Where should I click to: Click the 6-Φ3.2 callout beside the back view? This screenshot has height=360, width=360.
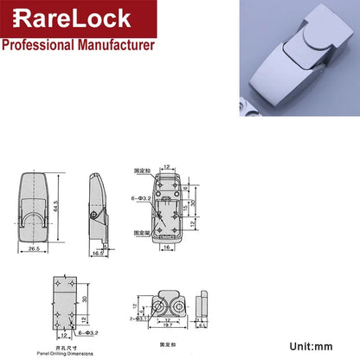[140, 198]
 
